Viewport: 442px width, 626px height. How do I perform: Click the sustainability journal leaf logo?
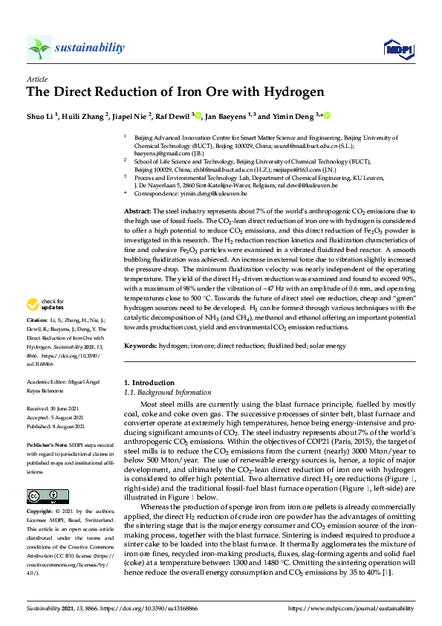coord(39,48)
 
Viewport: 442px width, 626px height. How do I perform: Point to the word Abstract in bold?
coord(137,212)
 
